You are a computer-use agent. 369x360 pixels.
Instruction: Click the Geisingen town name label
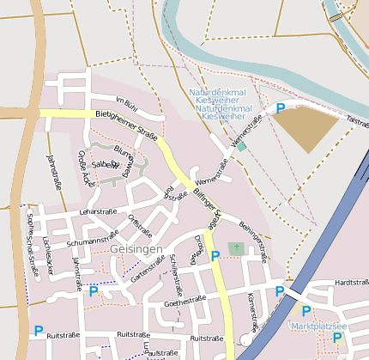click(136, 249)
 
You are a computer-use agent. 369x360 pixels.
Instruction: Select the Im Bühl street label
click(126, 102)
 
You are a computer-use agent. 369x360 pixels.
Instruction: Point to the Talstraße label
click(357, 122)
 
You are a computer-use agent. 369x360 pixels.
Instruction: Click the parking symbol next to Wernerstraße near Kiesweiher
click(280, 109)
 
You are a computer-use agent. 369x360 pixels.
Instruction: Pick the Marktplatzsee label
click(319, 326)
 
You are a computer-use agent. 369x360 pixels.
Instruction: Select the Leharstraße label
click(98, 211)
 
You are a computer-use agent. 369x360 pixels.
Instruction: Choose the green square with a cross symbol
click(236, 247)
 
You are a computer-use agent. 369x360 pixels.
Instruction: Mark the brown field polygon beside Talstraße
click(305, 129)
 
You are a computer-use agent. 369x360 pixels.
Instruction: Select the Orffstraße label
click(140, 227)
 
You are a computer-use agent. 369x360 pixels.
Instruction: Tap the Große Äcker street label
click(88, 168)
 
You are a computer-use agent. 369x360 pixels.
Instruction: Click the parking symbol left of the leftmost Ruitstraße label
click(38, 330)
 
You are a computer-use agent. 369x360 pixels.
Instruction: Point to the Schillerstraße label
click(178, 271)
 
